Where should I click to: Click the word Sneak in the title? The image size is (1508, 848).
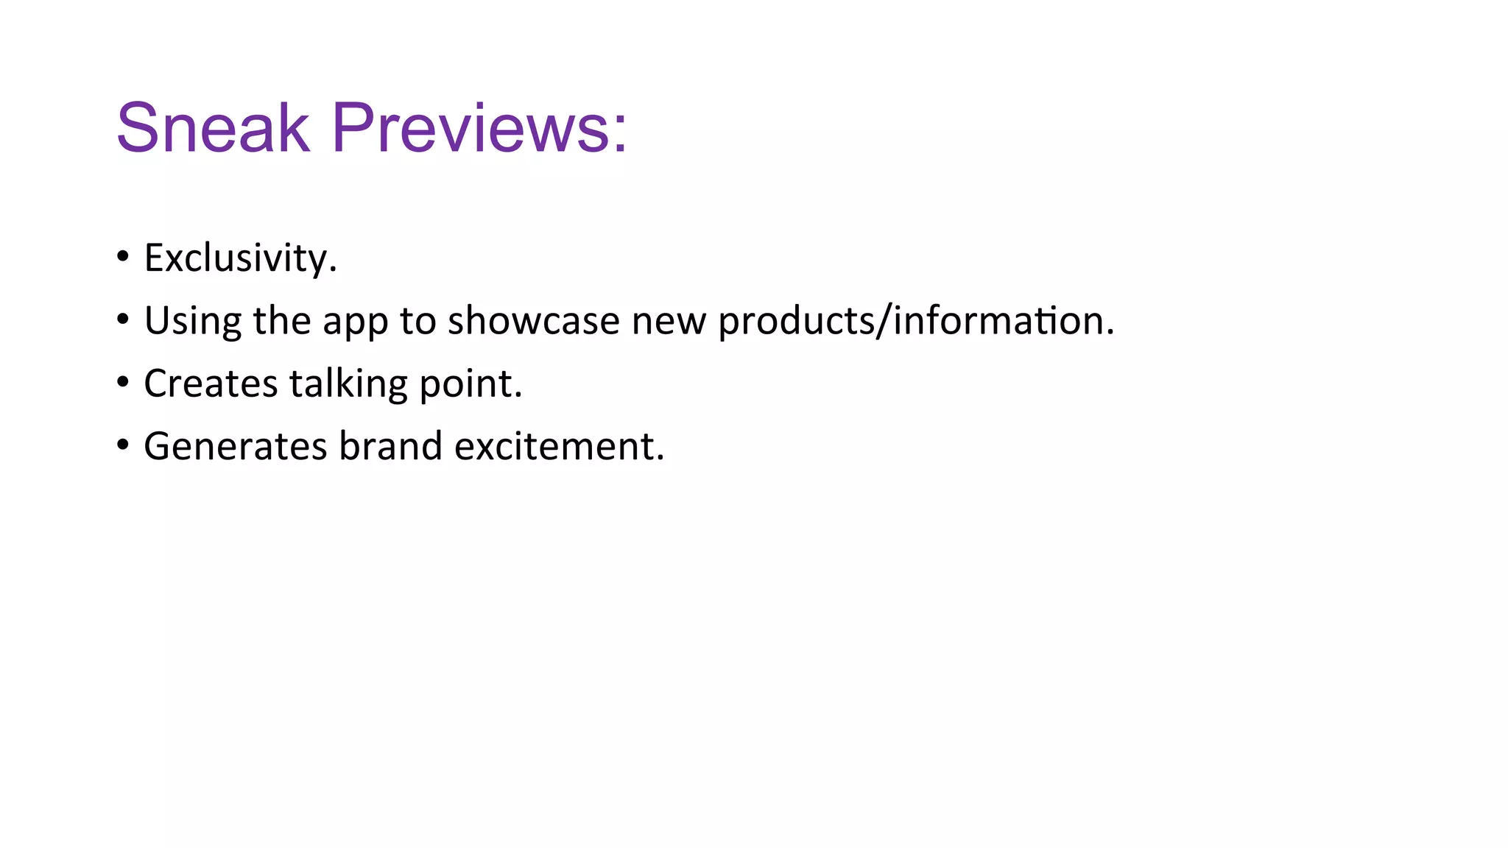213,128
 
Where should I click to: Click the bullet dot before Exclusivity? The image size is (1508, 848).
123,257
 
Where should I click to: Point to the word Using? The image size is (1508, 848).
192,322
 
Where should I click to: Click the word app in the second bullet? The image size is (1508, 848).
355,323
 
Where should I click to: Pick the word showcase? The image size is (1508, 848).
533,321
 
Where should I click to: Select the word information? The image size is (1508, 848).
999,321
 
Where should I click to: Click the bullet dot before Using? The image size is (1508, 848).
123,319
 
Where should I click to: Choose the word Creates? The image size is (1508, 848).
211,384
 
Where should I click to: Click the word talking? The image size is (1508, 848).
348,384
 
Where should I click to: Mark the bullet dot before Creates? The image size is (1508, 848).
123,383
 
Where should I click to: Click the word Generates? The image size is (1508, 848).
235,447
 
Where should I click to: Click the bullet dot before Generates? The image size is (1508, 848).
123,445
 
